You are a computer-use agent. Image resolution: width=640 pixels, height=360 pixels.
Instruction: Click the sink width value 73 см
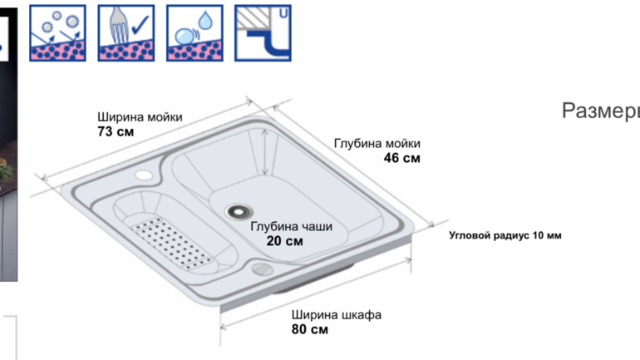(116, 131)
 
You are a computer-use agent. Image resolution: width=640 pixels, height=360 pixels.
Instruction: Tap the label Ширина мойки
(140, 117)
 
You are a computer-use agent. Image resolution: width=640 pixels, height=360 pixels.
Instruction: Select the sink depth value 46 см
(401, 158)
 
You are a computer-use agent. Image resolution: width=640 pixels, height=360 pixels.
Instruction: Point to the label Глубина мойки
(377, 144)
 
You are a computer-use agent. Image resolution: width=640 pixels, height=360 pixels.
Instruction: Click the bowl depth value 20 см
(284, 241)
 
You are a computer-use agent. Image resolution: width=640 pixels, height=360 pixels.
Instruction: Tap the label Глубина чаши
(291, 226)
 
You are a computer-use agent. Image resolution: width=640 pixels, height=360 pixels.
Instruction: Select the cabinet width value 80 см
(309, 329)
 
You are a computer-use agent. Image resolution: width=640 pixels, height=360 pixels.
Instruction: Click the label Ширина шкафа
(336, 315)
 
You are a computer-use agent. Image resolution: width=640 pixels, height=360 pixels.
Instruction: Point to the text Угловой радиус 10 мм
(505, 235)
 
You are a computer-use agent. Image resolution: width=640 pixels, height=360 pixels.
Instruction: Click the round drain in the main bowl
(238, 211)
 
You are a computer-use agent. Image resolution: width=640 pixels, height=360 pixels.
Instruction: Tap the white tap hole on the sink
(143, 175)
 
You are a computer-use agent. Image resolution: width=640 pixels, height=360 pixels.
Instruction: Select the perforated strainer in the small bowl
(172, 244)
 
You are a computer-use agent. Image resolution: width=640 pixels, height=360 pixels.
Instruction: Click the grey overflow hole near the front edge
(262, 269)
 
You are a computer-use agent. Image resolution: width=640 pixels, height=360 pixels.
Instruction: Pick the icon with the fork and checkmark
(126, 33)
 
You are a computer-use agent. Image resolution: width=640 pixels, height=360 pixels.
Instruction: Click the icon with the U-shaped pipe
(263, 33)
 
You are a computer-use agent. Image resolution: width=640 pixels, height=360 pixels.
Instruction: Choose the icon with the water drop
(194, 33)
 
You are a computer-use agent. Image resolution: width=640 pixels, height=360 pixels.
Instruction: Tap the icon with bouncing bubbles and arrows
(57, 33)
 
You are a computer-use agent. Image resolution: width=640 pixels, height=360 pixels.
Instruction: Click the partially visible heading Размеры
(601, 111)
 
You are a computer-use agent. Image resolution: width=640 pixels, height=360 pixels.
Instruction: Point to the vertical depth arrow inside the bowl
(265, 152)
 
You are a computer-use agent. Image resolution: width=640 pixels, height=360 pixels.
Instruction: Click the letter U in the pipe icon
(283, 13)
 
